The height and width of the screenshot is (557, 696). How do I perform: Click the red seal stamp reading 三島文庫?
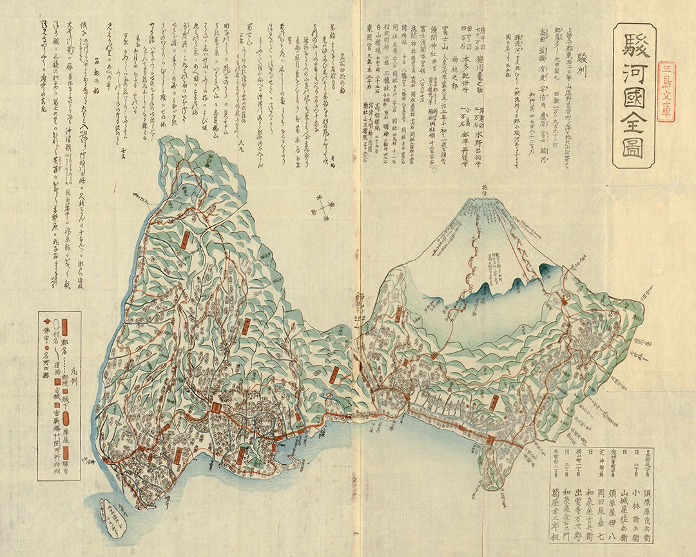point(666,92)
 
